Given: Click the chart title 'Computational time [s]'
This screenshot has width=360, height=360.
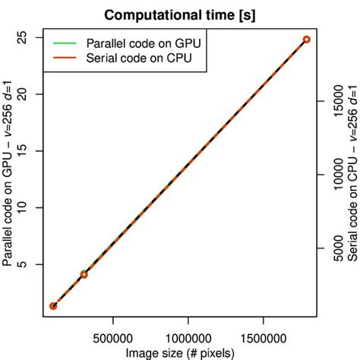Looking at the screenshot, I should click(x=180, y=14).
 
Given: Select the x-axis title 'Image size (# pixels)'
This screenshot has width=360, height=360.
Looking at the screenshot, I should click(x=180, y=352).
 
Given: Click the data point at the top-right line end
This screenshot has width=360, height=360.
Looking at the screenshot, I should click(x=306, y=39).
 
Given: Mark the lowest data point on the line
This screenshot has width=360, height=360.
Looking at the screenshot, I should click(x=53, y=306).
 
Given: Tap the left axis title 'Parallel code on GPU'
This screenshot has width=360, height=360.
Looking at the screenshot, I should click(x=10, y=159).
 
